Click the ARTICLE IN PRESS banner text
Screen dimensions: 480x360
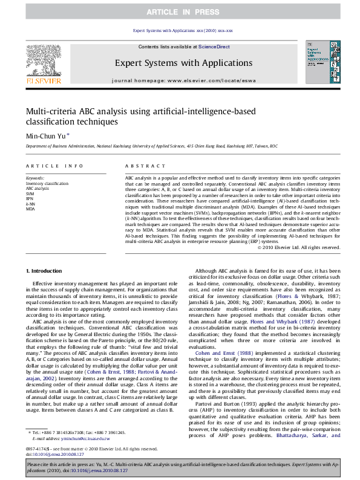tap(180, 12)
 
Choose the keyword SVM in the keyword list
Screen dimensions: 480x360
tap(30, 193)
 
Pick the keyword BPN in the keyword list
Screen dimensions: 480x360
tap(30, 198)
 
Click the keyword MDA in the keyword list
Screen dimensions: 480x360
tap(30, 208)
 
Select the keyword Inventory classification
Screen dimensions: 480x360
tap(47, 183)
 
